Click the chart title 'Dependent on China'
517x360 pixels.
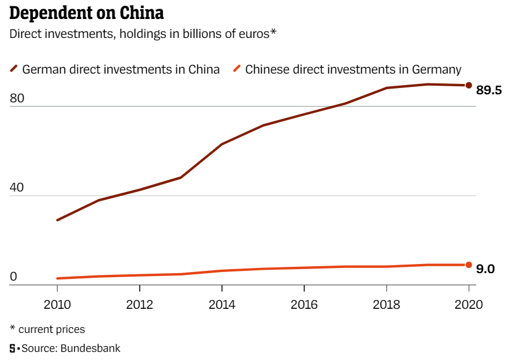(86, 13)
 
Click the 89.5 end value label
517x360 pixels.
(489, 90)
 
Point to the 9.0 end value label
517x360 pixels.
(486, 269)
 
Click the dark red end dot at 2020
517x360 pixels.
(469, 86)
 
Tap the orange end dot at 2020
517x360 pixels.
(469, 265)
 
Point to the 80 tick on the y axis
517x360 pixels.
(17, 99)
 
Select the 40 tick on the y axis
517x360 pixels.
(17, 188)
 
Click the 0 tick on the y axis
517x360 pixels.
(14, 277)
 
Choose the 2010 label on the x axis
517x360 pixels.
(58, 304)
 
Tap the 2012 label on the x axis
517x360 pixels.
(140, 304)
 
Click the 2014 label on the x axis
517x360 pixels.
(222, 304)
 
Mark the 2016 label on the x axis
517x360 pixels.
(304, 304)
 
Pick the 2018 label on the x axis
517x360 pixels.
(386, 304)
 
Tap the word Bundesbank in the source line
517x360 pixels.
(93, 348)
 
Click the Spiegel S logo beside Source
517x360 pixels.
(12, 348)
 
